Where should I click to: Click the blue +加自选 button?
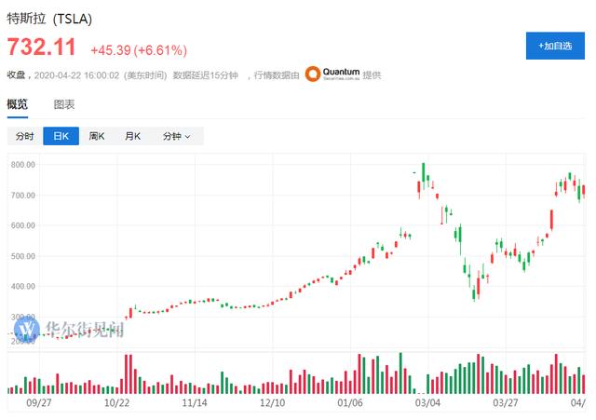[555, 45]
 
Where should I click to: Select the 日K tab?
[61, 136]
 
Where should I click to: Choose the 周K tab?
[97, 136]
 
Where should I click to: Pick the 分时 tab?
[25, 136]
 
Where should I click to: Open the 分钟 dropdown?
[176, 136]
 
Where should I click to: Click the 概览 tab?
[18, 104]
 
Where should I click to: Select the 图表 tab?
[64, 104]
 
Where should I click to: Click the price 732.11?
[43, 47]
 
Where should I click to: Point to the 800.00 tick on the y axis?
[23, 165]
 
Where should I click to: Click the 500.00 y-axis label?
[23, 256]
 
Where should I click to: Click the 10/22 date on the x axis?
[116, 404]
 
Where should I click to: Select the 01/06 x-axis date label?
[349, 404]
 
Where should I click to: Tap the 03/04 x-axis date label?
[427, 404]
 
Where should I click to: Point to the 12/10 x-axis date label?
[272, 404]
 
